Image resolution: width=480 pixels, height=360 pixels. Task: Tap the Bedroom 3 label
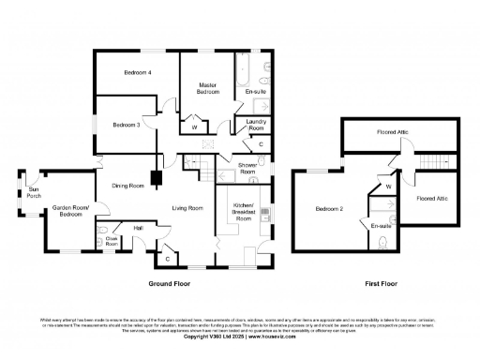(126, 125)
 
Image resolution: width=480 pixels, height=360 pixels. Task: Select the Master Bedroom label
(208, 90)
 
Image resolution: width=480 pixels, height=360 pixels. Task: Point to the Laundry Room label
(257, 126)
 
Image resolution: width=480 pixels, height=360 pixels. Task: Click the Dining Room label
(128, 186)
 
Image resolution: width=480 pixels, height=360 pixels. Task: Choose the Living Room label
(187, 207)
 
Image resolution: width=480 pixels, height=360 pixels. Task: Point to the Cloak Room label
(112, 241)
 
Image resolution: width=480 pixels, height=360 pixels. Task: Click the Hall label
(138, 228)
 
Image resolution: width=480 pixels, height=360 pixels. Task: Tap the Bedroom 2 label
(328, 208)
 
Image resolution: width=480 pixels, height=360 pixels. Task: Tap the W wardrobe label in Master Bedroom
(195, 127)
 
